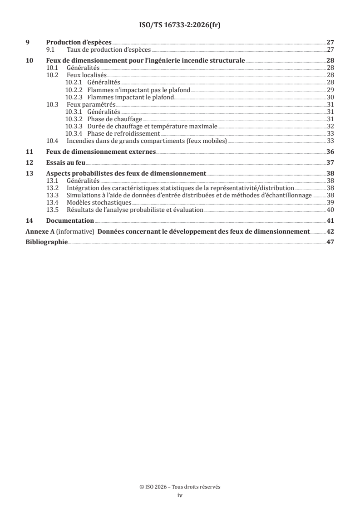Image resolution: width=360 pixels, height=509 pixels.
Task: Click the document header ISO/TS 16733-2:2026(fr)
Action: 180,26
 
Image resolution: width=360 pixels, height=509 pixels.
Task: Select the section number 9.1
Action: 51,49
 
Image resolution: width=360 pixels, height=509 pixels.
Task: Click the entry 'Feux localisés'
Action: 86,74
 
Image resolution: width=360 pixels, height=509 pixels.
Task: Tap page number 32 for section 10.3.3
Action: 330,126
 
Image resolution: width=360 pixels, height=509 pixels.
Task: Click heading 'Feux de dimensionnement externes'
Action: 101,152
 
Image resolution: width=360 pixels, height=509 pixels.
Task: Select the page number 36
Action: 330,152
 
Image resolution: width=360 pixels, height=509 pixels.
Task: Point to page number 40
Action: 330,210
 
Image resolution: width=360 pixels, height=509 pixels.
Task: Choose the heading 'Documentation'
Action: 70,221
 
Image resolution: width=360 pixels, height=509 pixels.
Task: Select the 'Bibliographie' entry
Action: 46,242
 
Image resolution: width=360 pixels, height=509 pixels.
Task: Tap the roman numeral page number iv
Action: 180,495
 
